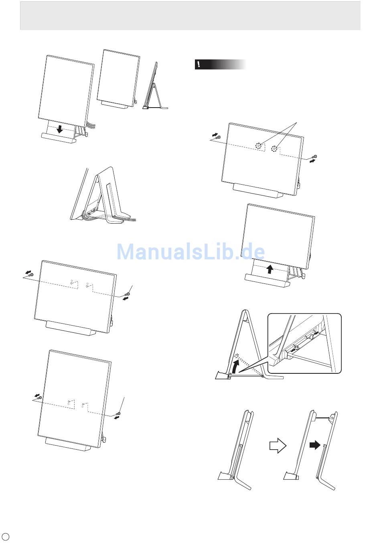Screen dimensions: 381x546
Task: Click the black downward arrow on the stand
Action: pos(60,129)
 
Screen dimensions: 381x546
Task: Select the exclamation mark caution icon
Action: pos(199,65)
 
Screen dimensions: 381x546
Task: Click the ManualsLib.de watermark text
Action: pos(190,252)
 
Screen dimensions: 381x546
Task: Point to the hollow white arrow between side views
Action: pos(277,445)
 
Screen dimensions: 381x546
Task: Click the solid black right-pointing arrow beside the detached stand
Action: pos(316,445)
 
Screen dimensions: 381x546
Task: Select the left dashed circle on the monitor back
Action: pos(259,146)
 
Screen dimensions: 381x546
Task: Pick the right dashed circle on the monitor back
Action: pos(275,149)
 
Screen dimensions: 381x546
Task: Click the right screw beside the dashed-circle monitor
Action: pos(315,157)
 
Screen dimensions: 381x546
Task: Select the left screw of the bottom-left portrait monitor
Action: pos(40,397)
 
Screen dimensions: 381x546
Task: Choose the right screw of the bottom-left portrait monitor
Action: pos(118,414)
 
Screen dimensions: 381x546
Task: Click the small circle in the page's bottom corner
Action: pos(6,536)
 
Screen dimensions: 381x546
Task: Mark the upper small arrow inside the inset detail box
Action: pos(316,333)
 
